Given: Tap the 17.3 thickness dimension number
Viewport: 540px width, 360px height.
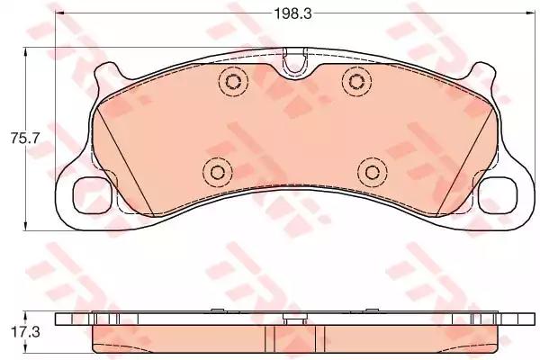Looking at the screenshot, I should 21,333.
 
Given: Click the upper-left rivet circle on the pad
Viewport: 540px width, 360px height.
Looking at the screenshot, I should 232,83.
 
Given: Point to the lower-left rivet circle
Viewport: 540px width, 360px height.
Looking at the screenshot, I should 215,172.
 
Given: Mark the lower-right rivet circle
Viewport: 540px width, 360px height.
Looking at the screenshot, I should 369,172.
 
